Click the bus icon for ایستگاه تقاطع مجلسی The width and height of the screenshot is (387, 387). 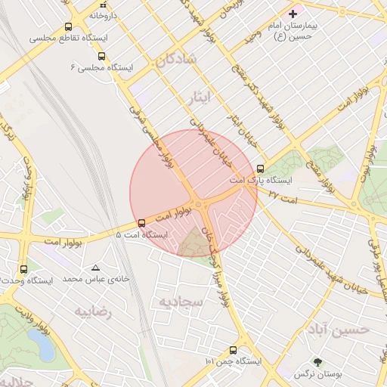[69, 27]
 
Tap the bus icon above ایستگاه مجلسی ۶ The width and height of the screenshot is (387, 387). [102, 56]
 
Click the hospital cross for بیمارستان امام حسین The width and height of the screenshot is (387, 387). [293, 14]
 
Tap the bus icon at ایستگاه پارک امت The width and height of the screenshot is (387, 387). [261, 169]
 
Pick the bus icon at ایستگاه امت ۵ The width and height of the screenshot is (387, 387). [141, 222]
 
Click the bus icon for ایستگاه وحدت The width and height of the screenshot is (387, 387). [23, 268]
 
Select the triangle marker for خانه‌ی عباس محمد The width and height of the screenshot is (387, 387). [95, 268]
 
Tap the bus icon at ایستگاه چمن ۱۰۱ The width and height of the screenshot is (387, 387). [233, 350]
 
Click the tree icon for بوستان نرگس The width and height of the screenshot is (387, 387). [317, 362]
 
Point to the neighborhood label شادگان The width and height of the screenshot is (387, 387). [174, 59]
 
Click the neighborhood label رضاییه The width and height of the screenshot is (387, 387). [92, 312]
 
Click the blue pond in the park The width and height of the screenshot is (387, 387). [44, 345]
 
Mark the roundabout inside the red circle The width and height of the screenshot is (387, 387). [198, 204]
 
